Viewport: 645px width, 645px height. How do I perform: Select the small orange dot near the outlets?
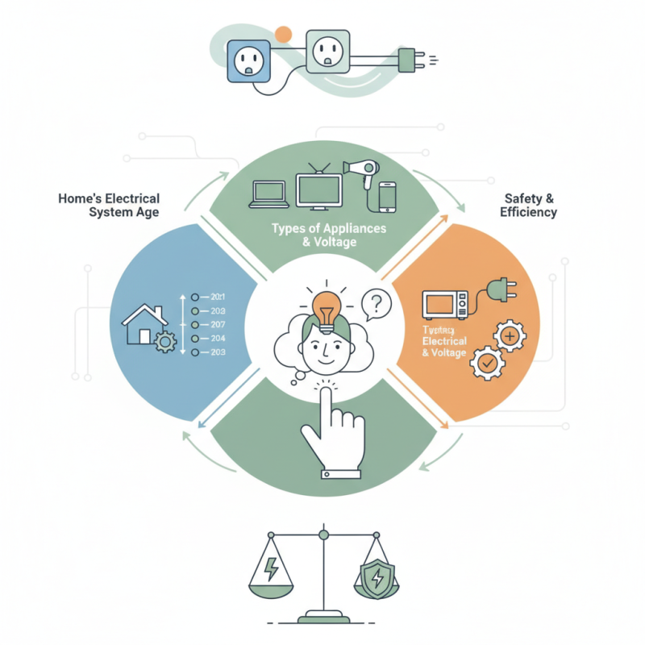point(283,34)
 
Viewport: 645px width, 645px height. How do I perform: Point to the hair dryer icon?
point(360,172)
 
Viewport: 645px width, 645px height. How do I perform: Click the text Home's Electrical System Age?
point(109,205)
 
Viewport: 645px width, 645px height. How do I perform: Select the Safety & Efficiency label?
point(529,205)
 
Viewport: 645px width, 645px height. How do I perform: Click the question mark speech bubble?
point(376,304)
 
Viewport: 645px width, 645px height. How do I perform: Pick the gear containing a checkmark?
point(486,364)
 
